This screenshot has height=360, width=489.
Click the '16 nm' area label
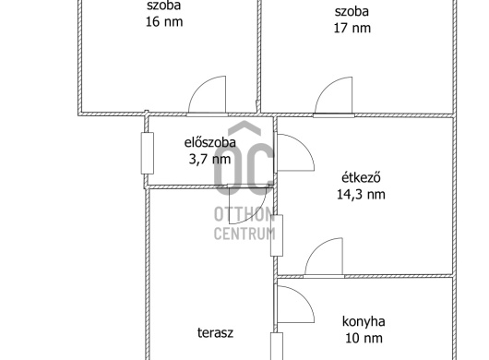point(163,21)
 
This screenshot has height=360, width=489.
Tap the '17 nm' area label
point(352,28)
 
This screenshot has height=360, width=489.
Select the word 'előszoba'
point(210,142)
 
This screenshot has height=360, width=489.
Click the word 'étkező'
point(362,177)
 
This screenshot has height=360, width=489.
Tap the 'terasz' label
point(214,332)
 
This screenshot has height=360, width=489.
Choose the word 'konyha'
point(363,322)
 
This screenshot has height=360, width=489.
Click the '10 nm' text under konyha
point(363,339)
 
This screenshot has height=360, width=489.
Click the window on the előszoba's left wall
point(146,153)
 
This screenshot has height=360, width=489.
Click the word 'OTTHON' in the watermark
point(244,214)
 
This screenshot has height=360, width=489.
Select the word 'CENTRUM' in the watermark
point(244,234)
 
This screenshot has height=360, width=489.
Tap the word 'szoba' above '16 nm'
point(163,5)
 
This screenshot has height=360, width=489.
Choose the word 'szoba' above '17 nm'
point(352,11)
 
